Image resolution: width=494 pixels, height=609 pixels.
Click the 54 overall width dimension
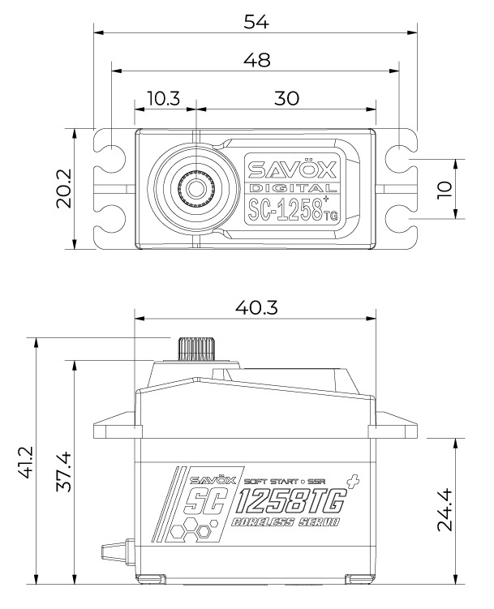(x=256, y=22)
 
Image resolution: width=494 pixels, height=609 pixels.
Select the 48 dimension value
(x=256, y=60)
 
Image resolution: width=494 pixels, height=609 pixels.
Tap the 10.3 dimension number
(x=164, y=98)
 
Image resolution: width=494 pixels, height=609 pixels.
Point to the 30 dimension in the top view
(x=286, y=98)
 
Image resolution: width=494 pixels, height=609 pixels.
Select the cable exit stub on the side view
(x=115, y=554)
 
